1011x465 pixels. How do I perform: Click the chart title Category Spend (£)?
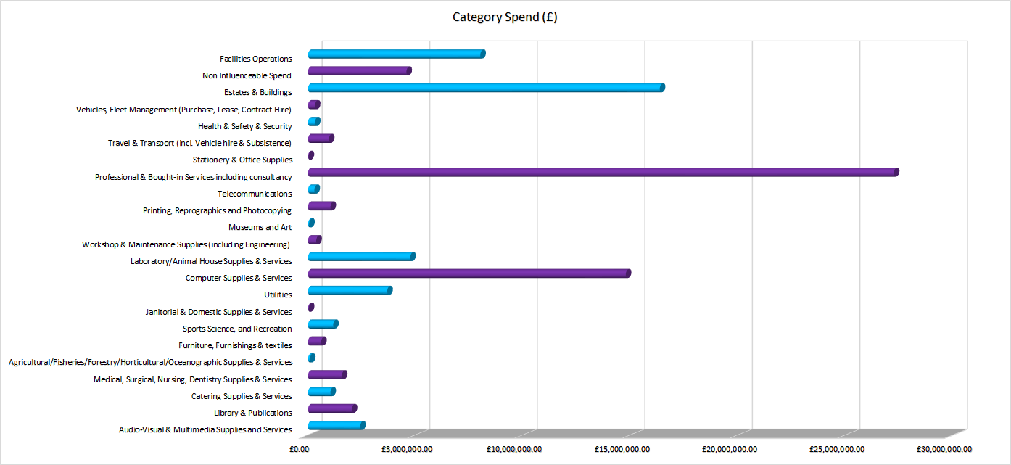click(x=505, y=17)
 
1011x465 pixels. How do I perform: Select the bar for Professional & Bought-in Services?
click(x=602, y=172)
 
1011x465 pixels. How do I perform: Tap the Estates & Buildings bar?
click(x=485, y=88)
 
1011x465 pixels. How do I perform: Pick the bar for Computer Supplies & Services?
click(x=469, y=273)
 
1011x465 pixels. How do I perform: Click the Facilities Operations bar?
click(x=395, y=54)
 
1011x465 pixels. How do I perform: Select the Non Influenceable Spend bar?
click(x=359, y=71)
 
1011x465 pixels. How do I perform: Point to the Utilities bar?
click(x=349, y=290)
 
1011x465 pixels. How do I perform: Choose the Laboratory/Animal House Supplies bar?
click(x=360, y=256)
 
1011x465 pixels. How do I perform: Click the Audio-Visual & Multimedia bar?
click(x=336, y=425)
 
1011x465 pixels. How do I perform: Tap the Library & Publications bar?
click(x=331, y=408)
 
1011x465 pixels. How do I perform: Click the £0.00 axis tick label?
click(x=299, y=449)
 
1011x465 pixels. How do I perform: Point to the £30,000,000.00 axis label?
click(x=944, y=449)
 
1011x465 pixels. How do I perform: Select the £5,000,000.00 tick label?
click(x=407, y=449)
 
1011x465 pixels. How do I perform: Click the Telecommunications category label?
click(x=255, y=194)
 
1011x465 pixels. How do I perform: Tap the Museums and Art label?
click(x=260, y=227)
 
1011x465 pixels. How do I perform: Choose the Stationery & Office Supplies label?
click(x=242, y=160)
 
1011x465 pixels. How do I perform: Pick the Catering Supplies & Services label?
click(x=242, y=396)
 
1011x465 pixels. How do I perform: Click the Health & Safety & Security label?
click(x=245, y=126)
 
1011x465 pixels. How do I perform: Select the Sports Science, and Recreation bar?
click(x=322, y=324)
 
